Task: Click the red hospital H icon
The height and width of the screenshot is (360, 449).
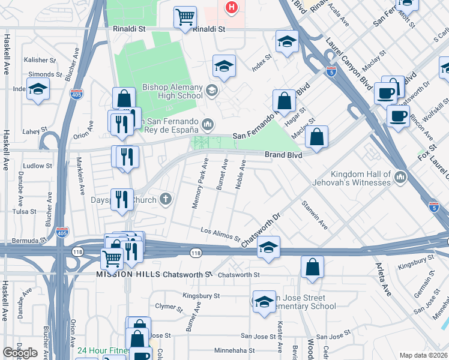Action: (x=231, y=7)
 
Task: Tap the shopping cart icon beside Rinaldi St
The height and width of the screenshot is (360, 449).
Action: (x=185, y=17)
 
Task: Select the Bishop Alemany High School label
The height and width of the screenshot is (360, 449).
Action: (x=172, y=91)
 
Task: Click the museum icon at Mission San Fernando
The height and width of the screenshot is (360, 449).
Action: (x=208, y=124)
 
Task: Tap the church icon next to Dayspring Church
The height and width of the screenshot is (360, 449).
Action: (x=166, y=199)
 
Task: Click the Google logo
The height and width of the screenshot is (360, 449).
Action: (x=20, y=353)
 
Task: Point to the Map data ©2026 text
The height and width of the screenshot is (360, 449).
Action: (x=423, y=355)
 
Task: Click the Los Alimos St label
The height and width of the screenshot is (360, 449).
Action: (x=220, y=234)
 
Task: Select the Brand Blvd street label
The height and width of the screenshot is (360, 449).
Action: (x=283, y=154)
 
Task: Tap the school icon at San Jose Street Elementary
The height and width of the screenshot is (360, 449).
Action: (x=264, y=301)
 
